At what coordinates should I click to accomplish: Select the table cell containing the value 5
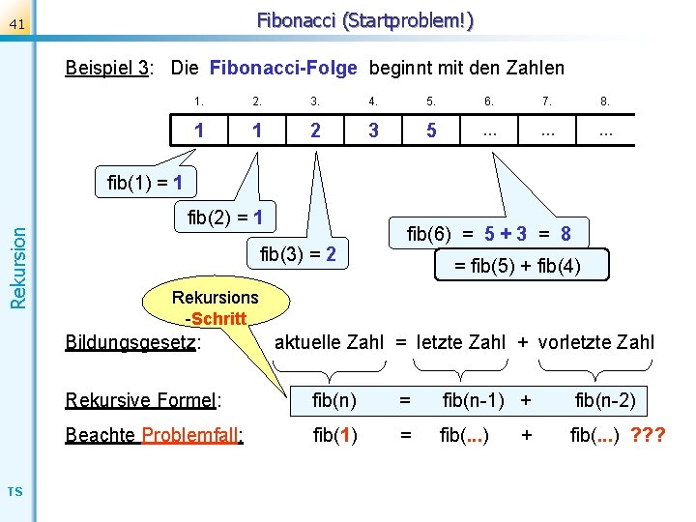click(431, 130)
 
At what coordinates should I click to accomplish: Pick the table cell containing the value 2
click(315, 130)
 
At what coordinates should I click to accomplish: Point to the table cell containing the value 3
click(373, 130)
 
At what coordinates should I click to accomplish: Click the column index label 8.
click(605, 101)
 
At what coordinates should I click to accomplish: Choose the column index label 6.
click(489, 101)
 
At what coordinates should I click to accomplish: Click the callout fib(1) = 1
click(145, 182)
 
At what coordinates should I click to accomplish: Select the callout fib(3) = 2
click(299, 255)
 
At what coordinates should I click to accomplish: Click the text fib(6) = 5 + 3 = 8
click(488, 233)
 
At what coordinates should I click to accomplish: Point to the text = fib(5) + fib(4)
click(518, 265)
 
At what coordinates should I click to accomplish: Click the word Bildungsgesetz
click(131, 342)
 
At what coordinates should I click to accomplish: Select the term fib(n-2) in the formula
click(605, 399)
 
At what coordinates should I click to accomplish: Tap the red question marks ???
click(648, 435)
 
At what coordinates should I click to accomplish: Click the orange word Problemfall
click(191, 435)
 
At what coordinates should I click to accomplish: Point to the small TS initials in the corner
click(14, 493)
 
